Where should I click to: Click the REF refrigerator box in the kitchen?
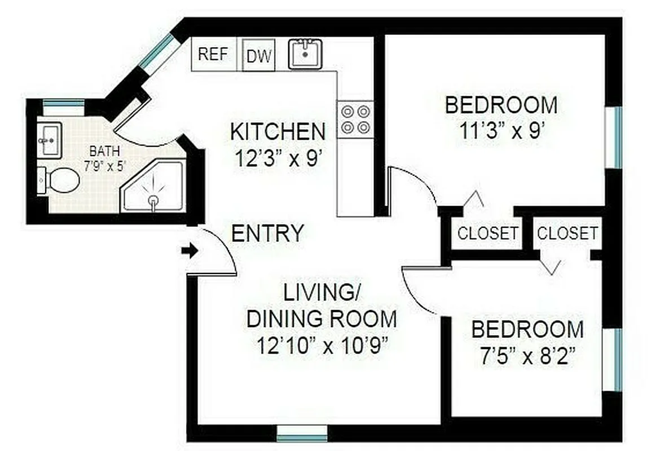213,54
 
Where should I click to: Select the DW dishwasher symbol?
259,55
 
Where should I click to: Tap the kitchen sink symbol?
305,54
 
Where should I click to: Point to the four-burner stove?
355,119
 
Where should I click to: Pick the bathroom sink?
49,140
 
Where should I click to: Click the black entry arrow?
192,251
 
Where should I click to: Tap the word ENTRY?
268,233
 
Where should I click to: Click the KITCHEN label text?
278,132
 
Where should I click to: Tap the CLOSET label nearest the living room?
487,233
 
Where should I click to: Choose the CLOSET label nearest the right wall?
566,233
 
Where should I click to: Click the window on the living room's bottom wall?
302,433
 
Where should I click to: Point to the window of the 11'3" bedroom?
618,137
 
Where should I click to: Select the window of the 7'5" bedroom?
618,359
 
